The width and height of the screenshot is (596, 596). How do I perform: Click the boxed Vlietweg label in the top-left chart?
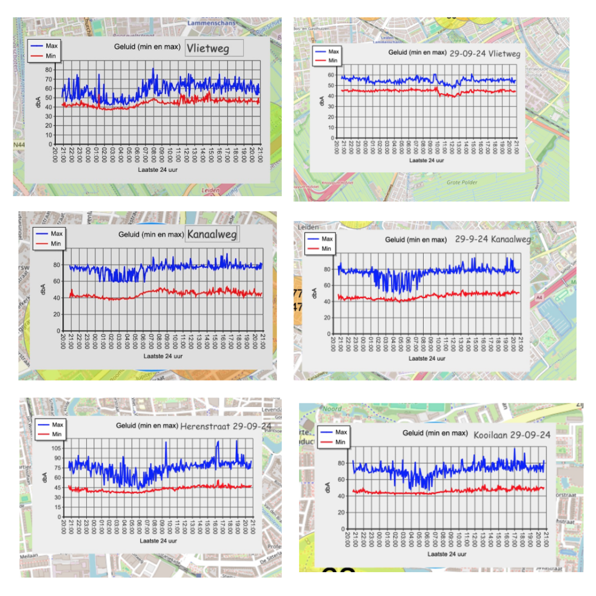pyautogui.click(x=214, y=48)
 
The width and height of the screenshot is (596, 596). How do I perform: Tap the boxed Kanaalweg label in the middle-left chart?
pyautogui.click(x=212, y=235)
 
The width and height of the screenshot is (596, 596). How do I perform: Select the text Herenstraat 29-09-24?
pyautogui.click(x=226, y=426)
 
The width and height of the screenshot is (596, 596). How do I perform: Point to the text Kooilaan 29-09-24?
pyautogui.click(x=512, y=435)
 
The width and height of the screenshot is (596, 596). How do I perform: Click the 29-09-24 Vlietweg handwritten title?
pyautogui.click(x=485, y=53)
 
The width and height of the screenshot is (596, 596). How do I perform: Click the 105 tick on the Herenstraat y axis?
pyautogui.click(x=56, y=448)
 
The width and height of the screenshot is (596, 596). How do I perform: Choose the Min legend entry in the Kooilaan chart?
pyautogui.click(x=340, y=442)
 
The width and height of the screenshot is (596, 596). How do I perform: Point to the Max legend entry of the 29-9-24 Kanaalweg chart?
pyautogui.click(x=327, y=239)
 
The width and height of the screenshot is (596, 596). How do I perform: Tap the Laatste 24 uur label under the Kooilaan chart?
pyautogui.click(x=446, y=554)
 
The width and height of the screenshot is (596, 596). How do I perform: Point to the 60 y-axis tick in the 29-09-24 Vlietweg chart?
pyautogui.click(x=332, y=75)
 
